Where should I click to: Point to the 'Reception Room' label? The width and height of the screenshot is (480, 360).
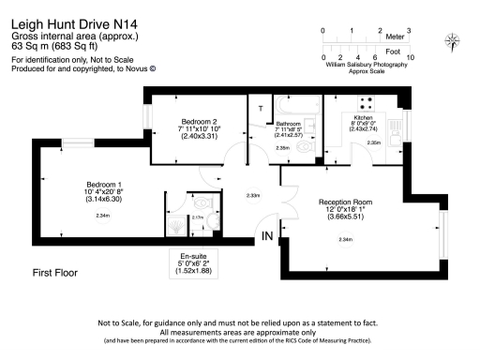pos(346,202)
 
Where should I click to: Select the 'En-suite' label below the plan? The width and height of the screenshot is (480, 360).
pos(188,255)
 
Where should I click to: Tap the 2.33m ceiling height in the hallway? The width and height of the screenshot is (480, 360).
pos(252,195)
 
